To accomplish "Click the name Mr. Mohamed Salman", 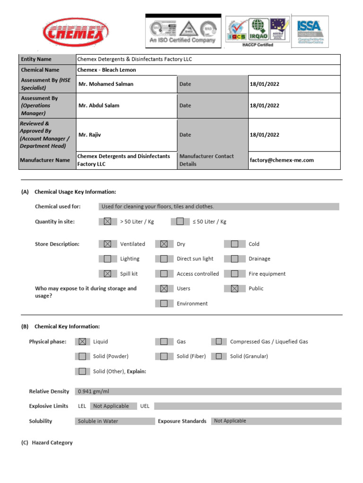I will pyautogui.click(x=106, y=84).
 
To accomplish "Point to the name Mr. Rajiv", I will pyautogui.click(x=90, y=135).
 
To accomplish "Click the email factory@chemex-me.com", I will pyautogui.click(x=282, y=160).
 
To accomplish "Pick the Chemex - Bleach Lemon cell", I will pyautogui.click(x=106, y=70).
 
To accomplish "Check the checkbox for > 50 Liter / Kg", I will pyautogui.click(x=108, y=222).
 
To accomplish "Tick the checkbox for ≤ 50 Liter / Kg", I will pyautogui.click(x=180, y=222).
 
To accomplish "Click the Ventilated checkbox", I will pyautogui.click(x=108, y=244).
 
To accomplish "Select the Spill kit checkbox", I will pyautogui.click(x=108, y=274).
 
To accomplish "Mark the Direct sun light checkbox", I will pyautogui.click(x=164, y=259).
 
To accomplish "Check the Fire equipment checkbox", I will pyautogui.click(x=235, y=274).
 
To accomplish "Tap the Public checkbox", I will pyautogui.click(x=235, y=289).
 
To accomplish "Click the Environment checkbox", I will pyautogui.click(x=164, y=304).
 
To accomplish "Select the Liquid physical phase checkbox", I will pyautogui.click(x=82, y=341).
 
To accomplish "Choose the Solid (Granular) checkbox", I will pyautogui.click(x=219, y=356).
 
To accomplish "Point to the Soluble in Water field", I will pyautogui.click(x=98, y=421).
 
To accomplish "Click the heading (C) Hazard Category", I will pyautogui.click(x=47, y=443).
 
